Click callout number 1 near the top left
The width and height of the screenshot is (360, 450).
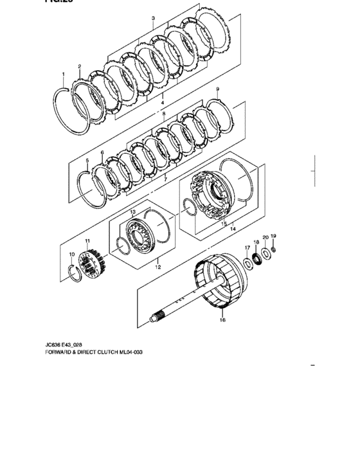pyautogui.click(x=64, y=75)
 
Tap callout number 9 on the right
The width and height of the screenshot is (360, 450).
pyautogui.click(x=217, y=89)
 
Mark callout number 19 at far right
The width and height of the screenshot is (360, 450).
pyautogui.click(x=273, y=236)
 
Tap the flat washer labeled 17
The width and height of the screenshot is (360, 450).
pyautogui.click(x=248, y=262)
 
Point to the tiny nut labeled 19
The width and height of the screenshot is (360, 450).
pyautogui.click(x=273, y=249)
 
